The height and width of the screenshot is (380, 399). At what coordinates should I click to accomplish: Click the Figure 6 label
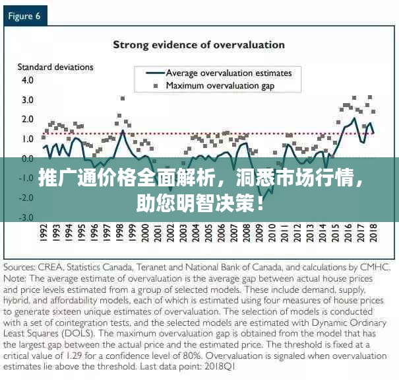[25, 16]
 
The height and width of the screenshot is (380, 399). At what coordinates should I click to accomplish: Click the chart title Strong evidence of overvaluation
[199, 45]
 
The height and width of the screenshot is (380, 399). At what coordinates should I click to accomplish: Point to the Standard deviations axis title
[55, 67]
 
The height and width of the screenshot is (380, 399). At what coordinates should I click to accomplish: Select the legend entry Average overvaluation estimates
[233, 73]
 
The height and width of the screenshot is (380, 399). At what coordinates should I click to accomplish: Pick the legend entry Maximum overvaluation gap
[220, 85]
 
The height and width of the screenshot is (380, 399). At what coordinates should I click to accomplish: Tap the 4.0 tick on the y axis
[27, 80]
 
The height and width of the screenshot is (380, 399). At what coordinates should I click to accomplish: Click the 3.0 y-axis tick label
[27, 100]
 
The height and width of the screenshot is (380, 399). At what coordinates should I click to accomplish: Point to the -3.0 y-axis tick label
[26, 217]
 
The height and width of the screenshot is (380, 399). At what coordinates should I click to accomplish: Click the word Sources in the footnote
[24, 268]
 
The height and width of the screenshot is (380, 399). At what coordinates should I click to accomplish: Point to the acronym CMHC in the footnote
[376, 268]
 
